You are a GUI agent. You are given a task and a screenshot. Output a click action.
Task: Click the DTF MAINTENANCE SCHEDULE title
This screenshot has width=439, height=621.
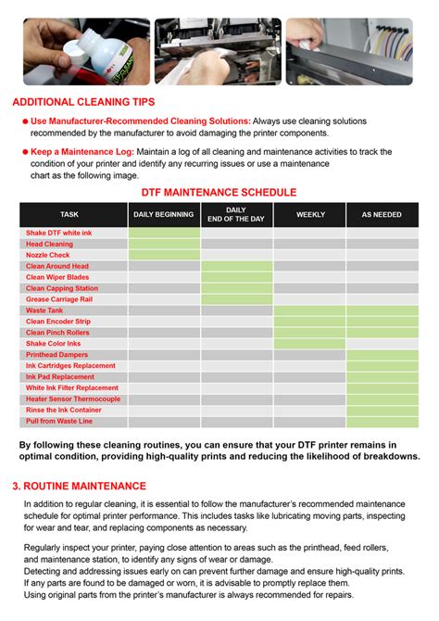[x=219, y=192]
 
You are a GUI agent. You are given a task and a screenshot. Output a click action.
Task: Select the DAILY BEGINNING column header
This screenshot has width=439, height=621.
[x=164, y=214]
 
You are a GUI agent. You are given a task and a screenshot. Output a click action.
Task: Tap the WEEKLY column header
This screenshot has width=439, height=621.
[x=310, y=214]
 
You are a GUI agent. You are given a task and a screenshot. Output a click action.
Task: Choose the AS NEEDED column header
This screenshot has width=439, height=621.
[x=382, y=214]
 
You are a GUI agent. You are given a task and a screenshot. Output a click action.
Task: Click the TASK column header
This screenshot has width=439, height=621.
[x=69, y=214]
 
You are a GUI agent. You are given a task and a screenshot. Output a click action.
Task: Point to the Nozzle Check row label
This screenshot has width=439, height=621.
[x=48, y=255]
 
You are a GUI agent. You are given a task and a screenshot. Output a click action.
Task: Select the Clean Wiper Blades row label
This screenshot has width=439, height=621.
[x=57, y=277]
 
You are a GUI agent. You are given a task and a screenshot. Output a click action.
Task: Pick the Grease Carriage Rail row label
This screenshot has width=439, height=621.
[x=61, y=299]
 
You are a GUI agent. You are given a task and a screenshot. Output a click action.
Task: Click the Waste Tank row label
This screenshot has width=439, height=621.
[x=44, y=310]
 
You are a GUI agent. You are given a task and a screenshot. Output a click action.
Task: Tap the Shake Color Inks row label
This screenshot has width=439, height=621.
[x=54, y=343]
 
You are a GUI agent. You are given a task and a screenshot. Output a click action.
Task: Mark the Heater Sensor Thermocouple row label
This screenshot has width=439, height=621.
[x=73, y=399]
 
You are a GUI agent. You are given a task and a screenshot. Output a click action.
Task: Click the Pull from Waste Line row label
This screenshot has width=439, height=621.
[x=59, y=421]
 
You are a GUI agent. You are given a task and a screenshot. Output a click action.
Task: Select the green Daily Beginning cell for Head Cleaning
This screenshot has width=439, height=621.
[x=164, y=244]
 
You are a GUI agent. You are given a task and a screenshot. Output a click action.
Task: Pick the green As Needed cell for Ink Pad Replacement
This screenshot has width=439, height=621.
[x=382, y=376]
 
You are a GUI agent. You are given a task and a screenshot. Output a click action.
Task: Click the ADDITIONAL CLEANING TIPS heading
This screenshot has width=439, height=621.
[x=83, y=102]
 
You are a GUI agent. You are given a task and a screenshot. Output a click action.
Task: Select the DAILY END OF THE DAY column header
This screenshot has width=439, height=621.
[x=236, y=214]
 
